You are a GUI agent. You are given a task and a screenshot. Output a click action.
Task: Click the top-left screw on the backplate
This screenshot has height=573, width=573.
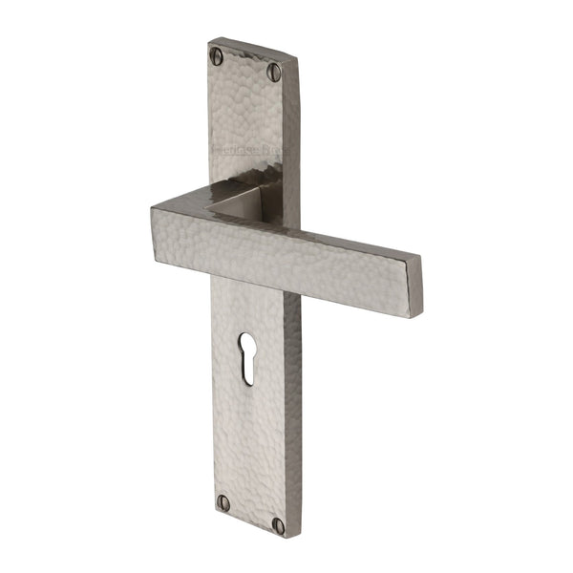(218, 56)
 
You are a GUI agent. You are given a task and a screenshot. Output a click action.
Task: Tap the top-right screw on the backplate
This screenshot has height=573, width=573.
(275, 71)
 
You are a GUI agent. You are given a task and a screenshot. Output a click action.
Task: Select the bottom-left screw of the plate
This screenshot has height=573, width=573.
(223, 501)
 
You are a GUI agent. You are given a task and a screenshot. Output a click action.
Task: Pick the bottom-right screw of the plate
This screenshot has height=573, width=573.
(278, 524)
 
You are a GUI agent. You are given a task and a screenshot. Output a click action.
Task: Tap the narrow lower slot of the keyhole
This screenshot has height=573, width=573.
(247, 368)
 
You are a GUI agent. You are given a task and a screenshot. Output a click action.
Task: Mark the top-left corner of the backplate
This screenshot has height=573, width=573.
(209, 42)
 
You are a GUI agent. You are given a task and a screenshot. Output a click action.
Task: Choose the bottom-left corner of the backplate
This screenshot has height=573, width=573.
(214, 511)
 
